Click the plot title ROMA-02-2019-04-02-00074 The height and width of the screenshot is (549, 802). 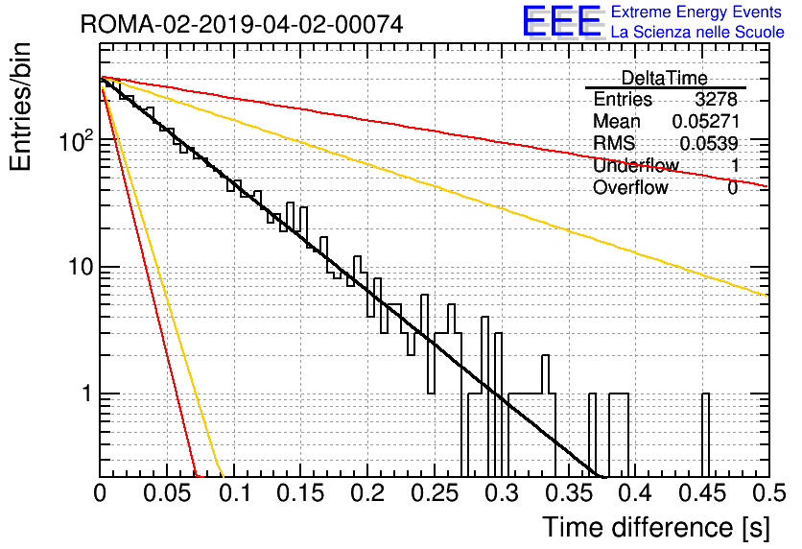coord(242,24)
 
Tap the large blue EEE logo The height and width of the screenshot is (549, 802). coord(562,21)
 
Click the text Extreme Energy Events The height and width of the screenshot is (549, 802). coord(696,12)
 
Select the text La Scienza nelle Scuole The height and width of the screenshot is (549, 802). coord(697,32)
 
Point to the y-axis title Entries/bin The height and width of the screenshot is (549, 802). coord(20,107)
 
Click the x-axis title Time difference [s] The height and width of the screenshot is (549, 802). coord(656,527)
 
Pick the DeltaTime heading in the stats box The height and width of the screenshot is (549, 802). coord(664,78)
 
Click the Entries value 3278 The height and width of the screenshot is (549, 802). coord(716,99)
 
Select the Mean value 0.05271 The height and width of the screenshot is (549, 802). coord(706,121)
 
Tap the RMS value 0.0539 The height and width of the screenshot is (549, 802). coord(709,143)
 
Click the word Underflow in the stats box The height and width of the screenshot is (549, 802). coord(636,165)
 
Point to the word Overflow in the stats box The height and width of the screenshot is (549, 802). coord(630,188)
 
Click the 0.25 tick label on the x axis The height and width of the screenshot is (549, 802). coord(436,493)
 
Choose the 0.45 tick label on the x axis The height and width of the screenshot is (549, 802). coord(703,493)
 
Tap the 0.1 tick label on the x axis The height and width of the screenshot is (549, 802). coord(234,493)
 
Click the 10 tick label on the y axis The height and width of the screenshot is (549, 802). coord(81,267)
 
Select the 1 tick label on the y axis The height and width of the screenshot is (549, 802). coord(86,394)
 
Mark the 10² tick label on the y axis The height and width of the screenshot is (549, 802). coord(76,140)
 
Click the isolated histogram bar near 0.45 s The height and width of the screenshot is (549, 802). coord(705,435)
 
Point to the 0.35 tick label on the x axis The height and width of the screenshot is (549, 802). coord(569,493)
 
